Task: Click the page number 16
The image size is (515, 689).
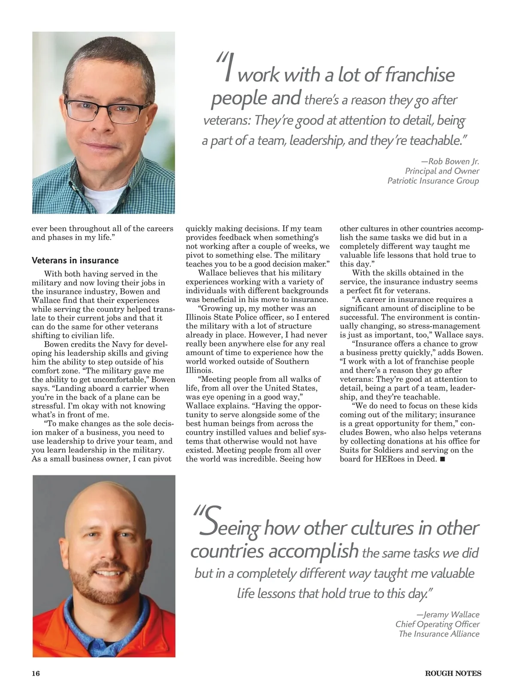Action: pos(36,674)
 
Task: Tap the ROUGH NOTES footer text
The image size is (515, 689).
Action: pos(453,674)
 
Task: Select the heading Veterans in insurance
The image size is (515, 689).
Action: pos(75,260)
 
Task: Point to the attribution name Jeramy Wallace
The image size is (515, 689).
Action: pos(451,615)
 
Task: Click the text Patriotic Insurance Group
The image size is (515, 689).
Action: pos(433,181)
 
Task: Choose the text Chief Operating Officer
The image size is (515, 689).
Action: pos(437,624)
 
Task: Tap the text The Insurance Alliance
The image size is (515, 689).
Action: pos(439,634)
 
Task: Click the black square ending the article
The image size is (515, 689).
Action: pos(442,459)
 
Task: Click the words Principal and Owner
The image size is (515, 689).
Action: pos(442,171)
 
